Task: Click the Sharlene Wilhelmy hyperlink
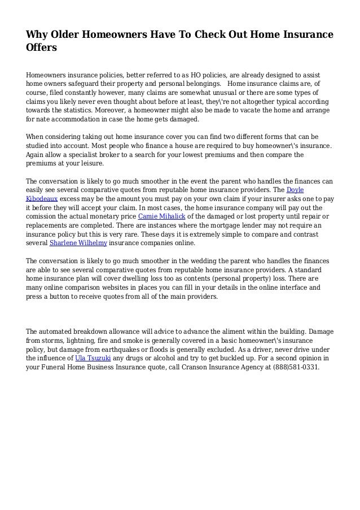[x=78, y=243]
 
